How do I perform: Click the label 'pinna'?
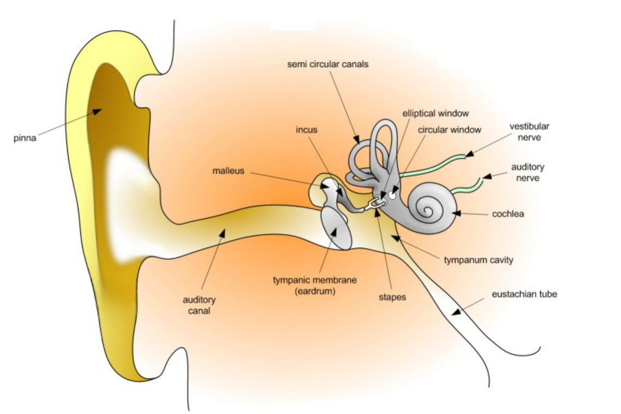[25, 138]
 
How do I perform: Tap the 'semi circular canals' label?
[328, 64]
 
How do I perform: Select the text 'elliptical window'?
[435, 114]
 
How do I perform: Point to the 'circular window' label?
[450, 130]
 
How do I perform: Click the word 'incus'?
[306, 130]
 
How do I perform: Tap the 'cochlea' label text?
[507, 214]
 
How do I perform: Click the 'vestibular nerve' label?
[529, 132]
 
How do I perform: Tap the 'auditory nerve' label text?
[527, 172]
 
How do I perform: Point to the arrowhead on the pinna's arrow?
[97, 111]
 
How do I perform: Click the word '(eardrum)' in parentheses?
[315, 292]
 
